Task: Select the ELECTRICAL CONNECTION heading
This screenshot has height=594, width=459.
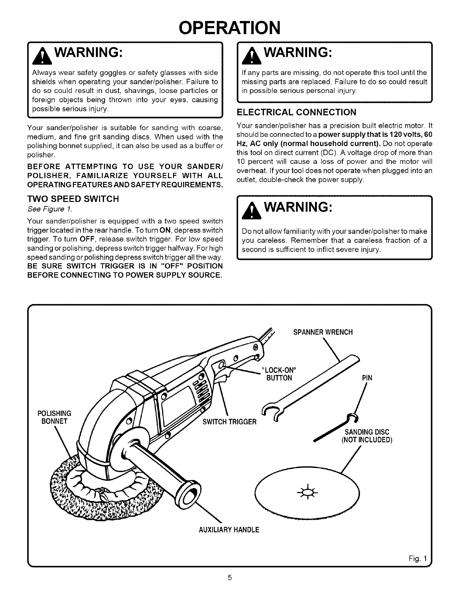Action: click(297, 112)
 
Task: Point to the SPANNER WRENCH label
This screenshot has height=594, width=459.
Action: click(322, 332)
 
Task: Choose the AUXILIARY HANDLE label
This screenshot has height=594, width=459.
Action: click(229, 530)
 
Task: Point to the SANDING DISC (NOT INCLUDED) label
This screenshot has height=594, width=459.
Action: click(366, 436)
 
